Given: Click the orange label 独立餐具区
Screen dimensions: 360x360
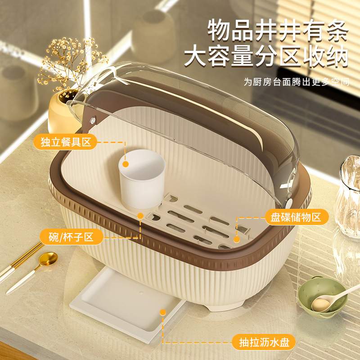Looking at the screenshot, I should coord(66,143).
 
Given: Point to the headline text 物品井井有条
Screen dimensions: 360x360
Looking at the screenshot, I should coord(278,31).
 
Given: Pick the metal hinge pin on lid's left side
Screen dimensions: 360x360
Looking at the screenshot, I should coord(93,120).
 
